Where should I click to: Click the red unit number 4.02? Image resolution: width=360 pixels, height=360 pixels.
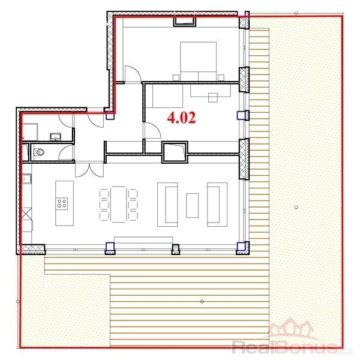(x=181, y=118)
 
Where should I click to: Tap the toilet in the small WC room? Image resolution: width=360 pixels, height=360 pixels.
(x=39, y=152)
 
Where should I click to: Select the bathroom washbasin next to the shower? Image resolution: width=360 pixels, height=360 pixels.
(x=56, y=137)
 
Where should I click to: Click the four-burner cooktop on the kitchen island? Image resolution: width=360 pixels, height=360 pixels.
(x=62, y=203)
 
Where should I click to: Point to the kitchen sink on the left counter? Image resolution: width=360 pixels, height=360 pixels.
(x=26, y=179)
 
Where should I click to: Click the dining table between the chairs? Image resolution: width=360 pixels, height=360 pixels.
(x=118, y=205)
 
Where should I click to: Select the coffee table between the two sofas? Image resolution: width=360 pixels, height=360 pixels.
(x=193, y=205)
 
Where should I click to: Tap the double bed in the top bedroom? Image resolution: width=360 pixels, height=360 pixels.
(x=199, y=61)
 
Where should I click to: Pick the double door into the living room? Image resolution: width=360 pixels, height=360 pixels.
(x=89, y=169)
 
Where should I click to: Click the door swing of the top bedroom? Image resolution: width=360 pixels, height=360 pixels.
(x=133, y=73)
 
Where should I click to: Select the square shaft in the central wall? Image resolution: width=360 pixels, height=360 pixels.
(x=175, y=152)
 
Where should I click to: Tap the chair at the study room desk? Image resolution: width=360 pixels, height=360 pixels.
(x=213, y=98)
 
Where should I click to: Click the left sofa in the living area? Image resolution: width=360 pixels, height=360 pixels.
(x=167, y=205)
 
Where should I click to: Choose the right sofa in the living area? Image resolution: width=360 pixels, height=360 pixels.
(x=217, y=205)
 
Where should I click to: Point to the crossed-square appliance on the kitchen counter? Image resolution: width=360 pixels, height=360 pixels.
(x=26, y=214)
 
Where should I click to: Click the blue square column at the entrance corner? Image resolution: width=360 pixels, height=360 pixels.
(x=110, y=115)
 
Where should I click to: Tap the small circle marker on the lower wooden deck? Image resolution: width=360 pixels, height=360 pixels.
(x=202, y=301)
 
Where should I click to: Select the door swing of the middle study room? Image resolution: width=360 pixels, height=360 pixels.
(x=152, y=130)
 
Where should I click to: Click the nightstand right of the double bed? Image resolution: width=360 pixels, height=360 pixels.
(x=221, y=77)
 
